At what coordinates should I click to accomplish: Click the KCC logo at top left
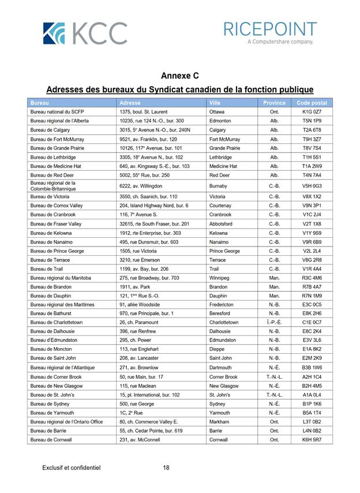coord(85,33)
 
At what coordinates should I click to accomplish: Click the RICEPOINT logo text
coord(269,29)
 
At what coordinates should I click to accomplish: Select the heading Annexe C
coord(179,76)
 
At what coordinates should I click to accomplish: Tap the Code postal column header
coord(312,103)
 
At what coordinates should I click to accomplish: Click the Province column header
coord(274,103)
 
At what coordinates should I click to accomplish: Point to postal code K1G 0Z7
coord(312,112)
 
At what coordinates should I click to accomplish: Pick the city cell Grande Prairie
coord(224,148)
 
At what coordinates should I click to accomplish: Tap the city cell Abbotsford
coord(223,224)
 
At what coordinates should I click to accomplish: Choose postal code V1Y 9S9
coord(312,233)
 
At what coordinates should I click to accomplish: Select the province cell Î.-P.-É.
coord(274,323)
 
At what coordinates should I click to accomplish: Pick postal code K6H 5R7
coord(312,440)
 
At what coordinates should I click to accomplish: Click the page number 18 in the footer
coord(166,468)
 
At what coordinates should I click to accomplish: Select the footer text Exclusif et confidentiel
coord(72,468)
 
